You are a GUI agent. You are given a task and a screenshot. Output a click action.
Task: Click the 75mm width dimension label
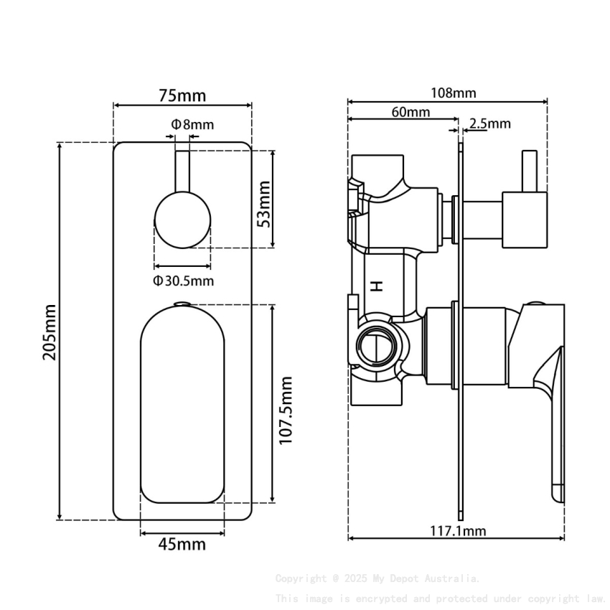pos(182,95)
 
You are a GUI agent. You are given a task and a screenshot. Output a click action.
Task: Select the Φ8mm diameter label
pos(192,124)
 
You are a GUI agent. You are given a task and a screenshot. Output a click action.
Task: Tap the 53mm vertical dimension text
pos(263,204)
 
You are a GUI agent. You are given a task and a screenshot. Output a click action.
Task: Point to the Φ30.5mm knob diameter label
pos(183,281)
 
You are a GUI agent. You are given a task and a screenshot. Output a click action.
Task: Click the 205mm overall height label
pos(50,333)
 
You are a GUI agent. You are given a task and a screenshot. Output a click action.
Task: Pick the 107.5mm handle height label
pos(286,409)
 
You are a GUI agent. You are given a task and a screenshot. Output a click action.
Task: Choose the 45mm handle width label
pos(182,544)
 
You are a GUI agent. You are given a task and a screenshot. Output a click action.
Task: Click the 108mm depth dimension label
pos(453,93)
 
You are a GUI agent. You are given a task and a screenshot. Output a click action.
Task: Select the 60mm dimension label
pos(410,112)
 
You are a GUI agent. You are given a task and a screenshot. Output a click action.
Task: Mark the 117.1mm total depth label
pos(458,531)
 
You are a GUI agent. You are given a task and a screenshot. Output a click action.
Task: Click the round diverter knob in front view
pos(183,220)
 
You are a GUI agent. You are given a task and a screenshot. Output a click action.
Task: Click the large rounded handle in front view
pos(183,405)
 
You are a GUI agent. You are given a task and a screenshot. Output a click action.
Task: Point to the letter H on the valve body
pos(376,286)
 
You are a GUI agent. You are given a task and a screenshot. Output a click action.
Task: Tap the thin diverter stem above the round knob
pos(183,171)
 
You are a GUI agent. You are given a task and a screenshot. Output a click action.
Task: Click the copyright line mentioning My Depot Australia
pos(377,578)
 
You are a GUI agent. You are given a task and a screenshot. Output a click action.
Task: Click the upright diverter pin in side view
pos(530,172)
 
